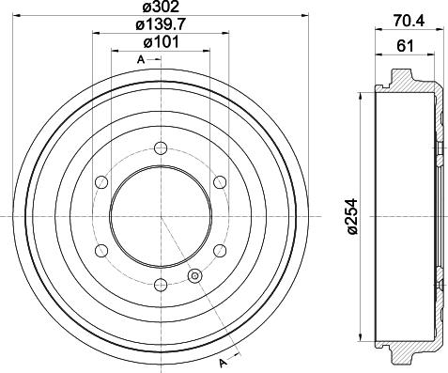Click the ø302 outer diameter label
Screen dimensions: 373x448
161,8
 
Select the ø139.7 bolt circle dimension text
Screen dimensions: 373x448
161,26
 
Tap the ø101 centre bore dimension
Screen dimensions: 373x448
161,42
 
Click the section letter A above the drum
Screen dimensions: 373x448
141,60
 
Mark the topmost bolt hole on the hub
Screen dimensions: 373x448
161,147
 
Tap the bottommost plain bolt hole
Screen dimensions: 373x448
161,286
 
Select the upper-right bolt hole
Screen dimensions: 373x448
221,181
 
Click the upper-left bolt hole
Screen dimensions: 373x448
100,181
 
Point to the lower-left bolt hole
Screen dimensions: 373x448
100,251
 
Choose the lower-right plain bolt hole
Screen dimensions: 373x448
221,251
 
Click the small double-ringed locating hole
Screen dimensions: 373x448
195,276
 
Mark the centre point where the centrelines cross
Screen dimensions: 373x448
161,216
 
